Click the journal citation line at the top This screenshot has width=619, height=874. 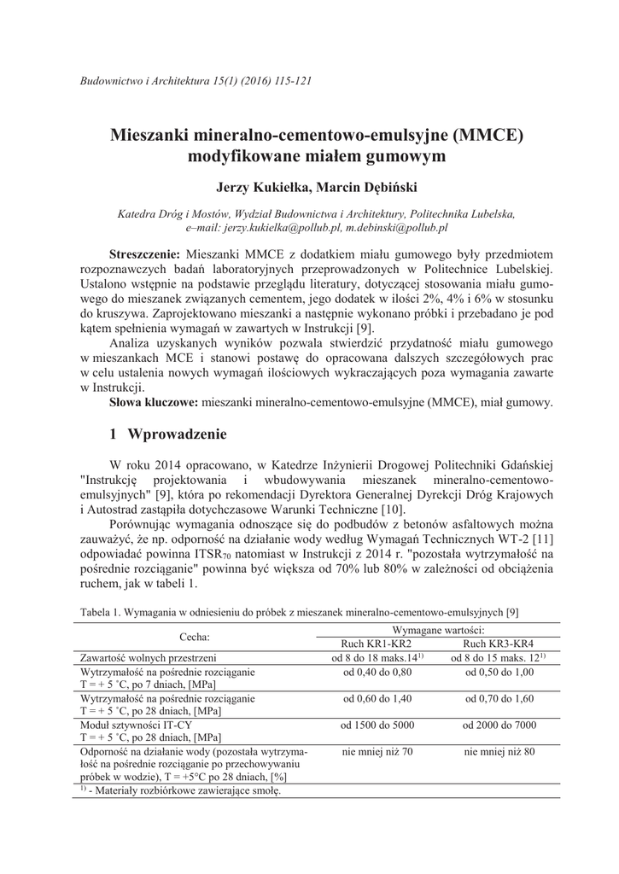(x=195, y=81)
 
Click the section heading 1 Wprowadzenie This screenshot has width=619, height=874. (x=168, y=434)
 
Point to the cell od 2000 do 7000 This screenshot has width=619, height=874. (x=499, y=726)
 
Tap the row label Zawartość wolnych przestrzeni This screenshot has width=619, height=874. (x=148, y=658)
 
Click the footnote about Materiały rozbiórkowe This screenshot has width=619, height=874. (x=180, y=790)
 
